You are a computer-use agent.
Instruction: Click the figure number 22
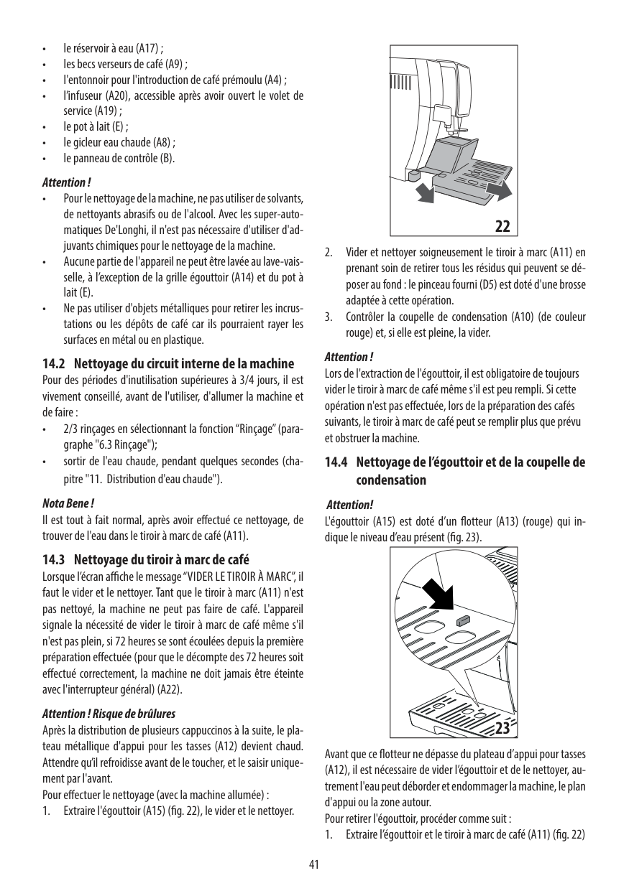502,225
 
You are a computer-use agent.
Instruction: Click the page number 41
314,864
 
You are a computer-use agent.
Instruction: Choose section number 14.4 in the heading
336,463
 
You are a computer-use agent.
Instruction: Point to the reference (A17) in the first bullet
148,50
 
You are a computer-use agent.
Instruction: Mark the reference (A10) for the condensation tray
524,317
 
